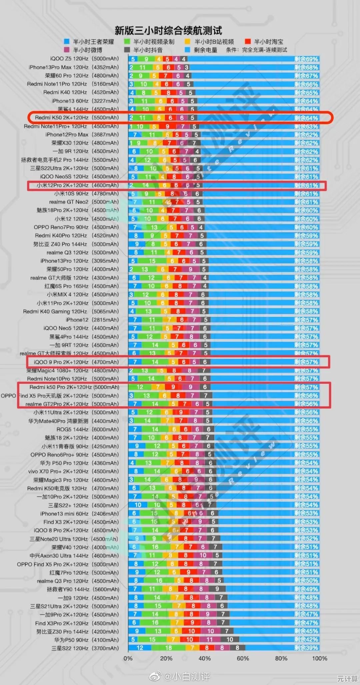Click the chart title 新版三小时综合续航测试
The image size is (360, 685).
point(168,31)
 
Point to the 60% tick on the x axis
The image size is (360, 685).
point(243,658)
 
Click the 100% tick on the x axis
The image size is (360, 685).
point(319,658)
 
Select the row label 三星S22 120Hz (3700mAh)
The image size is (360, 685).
point(85,648)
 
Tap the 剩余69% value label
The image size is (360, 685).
point(306,59)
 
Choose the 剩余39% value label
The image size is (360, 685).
point(306,648)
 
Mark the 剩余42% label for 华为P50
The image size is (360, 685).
point(306,639)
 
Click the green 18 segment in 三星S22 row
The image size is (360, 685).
point(168,648)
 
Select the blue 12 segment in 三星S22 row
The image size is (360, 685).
point(140,648)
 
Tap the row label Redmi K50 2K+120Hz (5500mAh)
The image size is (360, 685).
point(77,118)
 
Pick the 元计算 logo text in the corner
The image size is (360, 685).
point(347,679)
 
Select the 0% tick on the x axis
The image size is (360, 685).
point(128,658)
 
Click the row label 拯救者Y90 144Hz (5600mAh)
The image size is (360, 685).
point(83,589)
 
